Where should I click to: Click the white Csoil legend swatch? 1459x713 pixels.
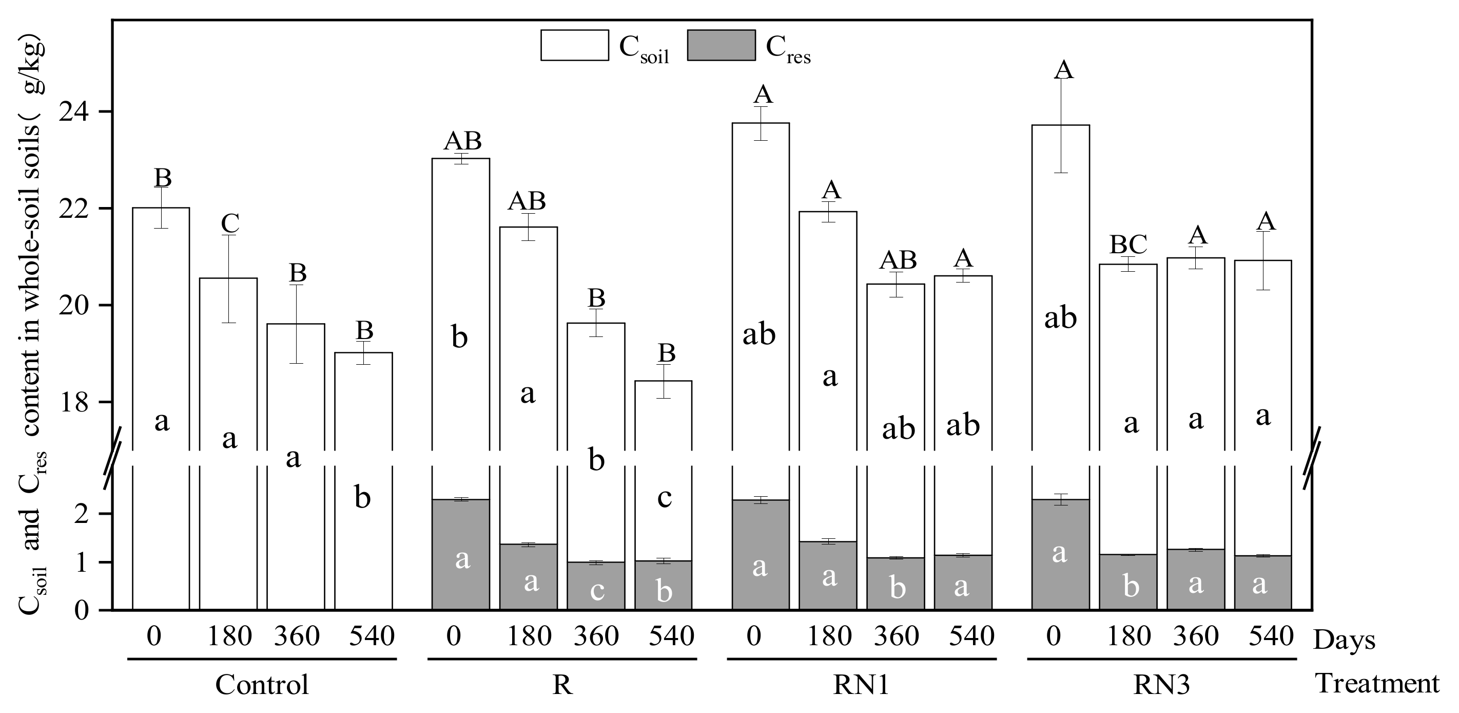[574, 45]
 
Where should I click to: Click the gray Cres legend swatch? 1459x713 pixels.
[721, 45]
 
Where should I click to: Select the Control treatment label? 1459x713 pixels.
[262, 685]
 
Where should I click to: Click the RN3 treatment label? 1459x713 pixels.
[1161, 685]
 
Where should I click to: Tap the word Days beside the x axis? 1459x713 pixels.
[1344, 641]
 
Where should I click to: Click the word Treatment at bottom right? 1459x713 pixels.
[1377, 684]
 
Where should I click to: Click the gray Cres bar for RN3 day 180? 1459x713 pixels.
[1127, 582]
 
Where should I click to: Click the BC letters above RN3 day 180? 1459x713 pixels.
[1128, 245]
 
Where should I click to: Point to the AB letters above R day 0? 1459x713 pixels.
[462, 141]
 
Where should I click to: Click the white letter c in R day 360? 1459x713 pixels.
[597, 591]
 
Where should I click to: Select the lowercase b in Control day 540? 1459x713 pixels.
[362, 498]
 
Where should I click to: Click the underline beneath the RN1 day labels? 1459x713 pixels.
[862, 659]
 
